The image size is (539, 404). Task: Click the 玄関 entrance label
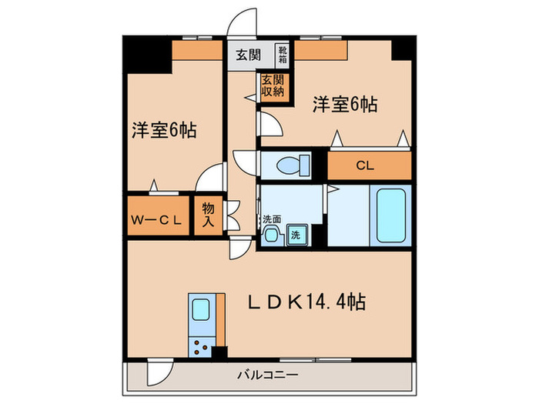tap(248, 56)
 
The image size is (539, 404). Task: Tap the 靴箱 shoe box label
tap(282, 55)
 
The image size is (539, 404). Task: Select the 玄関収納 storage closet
tap(272, 85)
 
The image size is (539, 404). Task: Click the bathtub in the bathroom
tap(390, 216)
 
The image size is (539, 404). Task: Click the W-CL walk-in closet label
tap(157, 218)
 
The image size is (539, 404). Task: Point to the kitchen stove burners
tap(203, 346)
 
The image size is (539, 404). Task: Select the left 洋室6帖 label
tap(162, 129)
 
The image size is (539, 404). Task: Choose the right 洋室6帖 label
tap(344, 105)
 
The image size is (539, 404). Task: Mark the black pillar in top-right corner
tap(403, 48)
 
